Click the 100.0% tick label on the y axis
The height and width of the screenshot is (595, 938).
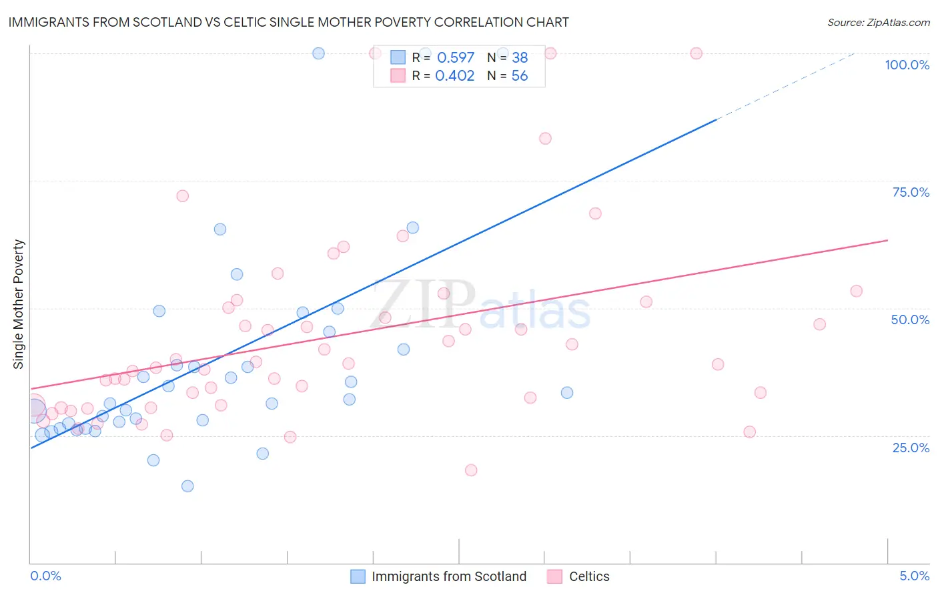[x=907, y=65]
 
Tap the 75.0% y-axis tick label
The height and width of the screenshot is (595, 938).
[x=911, y=192]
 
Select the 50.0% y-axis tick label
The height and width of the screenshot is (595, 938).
[x=910, y=320]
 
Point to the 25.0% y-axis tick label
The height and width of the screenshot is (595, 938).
[x=911, y=447]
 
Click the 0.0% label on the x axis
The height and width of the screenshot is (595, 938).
[x=45, y=576]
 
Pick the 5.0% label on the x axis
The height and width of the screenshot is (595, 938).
[x=914, y=576]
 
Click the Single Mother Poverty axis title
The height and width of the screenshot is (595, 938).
[x=19, y=304]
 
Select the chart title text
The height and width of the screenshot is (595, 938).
[x=288, y=22]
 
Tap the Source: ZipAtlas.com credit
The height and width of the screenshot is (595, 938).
[x=878, y=22]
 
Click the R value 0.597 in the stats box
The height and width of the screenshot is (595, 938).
[x=455, y=58]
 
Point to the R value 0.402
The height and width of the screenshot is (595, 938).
[x=454, y=76]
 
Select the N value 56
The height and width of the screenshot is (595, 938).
[x=519, y=76]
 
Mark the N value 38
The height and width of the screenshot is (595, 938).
[x=519, y=58]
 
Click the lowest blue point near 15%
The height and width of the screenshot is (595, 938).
[x=187, y=486]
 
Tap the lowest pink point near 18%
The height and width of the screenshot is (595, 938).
[x=471, y=470]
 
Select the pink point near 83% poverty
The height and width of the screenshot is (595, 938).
[x=545, y=139]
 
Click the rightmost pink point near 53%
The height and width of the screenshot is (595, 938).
[x=856, y=291]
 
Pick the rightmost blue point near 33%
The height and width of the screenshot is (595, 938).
[x=567, y=392]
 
